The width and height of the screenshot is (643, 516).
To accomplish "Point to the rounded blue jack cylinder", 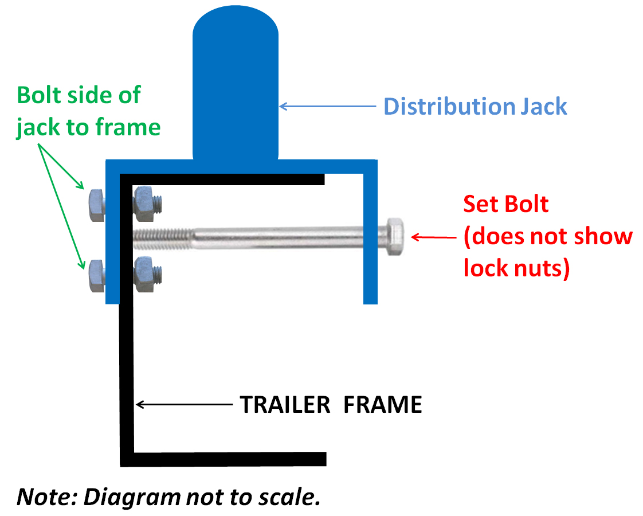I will (236, 86).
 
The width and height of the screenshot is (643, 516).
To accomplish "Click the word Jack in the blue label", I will (542, 107).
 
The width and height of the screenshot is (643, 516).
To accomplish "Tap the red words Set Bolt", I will (506, 204).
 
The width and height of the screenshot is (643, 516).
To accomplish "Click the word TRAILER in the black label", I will (285, 405).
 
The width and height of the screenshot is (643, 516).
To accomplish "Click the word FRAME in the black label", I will (383, 405).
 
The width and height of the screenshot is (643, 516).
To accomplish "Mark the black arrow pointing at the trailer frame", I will (183, 405).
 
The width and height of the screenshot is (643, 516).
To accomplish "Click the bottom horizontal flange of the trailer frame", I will (224, 459).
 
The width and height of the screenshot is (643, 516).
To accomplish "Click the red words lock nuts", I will (516, 268).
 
